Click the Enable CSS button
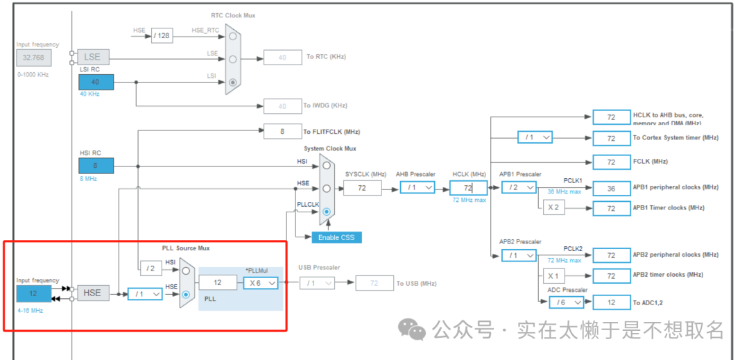coord(336,237)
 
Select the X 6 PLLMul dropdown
coord(260,283)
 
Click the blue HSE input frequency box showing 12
coord(34,293)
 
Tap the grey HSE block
coord(92,293)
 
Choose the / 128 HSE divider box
coord(162,35)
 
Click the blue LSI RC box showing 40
coord(96,82)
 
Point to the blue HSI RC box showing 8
coord(96,166)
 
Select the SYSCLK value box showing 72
coord(362,188)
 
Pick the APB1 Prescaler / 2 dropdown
coord(519,187)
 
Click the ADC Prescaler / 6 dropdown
coord(566,302)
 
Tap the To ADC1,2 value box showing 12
coord(611,302)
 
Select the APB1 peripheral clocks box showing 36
coord(611,187)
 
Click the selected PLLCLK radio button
coord(326,212)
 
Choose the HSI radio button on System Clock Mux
coord(326,166)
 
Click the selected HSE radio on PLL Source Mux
coord(186,293)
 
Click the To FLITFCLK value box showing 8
coord(282,131)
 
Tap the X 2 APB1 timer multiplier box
coord(553,207)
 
